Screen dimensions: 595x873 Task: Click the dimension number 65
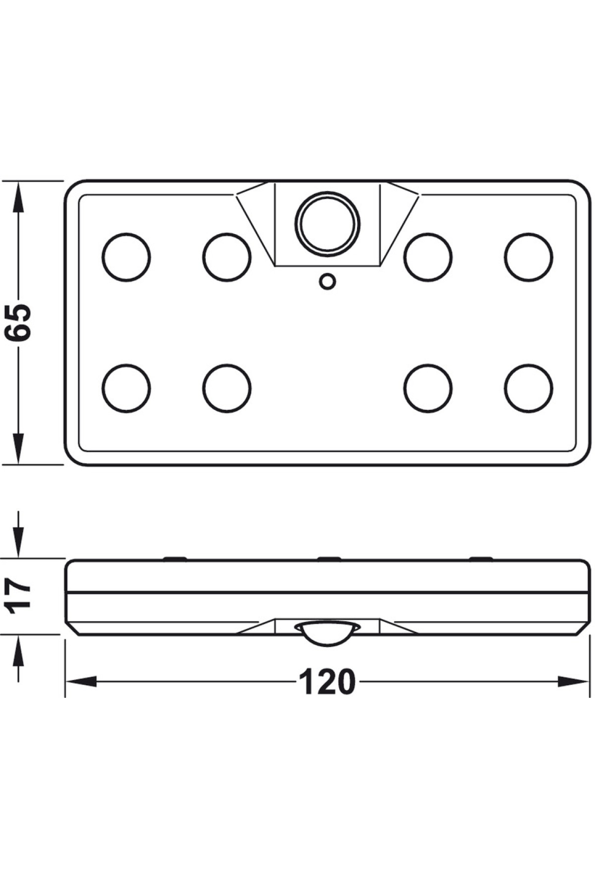click(x=18, y=322)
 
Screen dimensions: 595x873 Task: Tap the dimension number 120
click(x=327, y=682)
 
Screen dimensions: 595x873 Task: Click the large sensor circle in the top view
click(x=327, y=223)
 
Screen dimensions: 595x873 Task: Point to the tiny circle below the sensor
click(x=327, y=282)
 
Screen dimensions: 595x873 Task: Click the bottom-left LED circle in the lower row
click(x=126, y=388)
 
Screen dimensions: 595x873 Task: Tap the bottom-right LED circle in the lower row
click(x=529, y=388)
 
